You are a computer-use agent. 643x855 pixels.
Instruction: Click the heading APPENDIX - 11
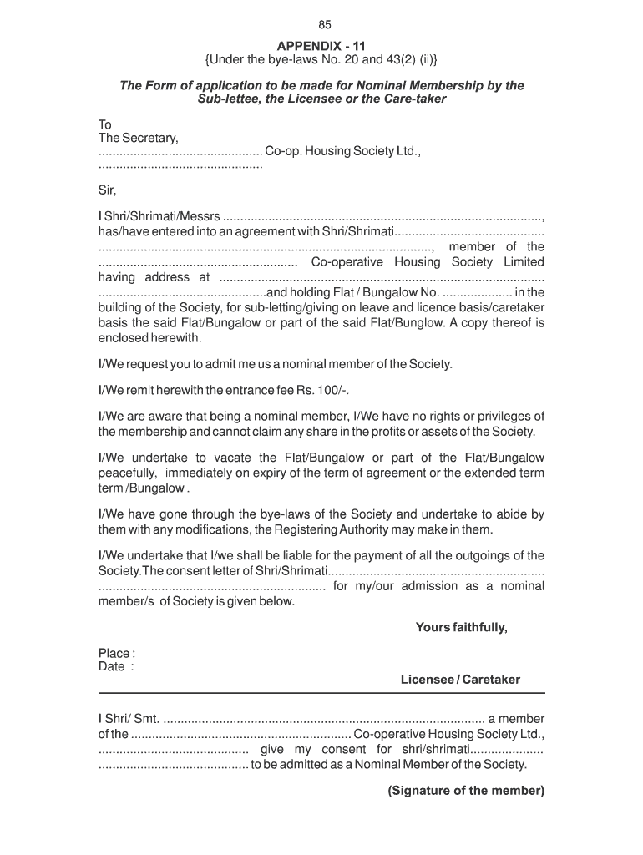click(x=322, y=46)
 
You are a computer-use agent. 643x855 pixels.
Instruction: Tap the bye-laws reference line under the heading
click(x=321, y=60)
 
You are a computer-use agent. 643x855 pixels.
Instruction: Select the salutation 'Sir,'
click(x=108, y=190)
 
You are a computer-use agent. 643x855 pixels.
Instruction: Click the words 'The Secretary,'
click(x=138, y=138)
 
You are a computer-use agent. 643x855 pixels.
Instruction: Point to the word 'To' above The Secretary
click(x=105, y=124)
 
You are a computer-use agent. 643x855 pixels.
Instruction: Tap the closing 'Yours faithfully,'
click(x=461, y=627)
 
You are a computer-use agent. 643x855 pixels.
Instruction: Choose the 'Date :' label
click(x=115, y=667)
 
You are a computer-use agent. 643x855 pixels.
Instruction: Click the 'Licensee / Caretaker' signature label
click(x=460, y=680)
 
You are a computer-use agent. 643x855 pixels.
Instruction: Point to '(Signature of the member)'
click(x=466, y=791)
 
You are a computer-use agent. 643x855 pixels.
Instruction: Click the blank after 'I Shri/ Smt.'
click(x=323, y=720)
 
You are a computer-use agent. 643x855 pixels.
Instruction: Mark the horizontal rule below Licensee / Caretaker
click(x=321, y=693)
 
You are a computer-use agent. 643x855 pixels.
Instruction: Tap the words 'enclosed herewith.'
click(x=150, y=338)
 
